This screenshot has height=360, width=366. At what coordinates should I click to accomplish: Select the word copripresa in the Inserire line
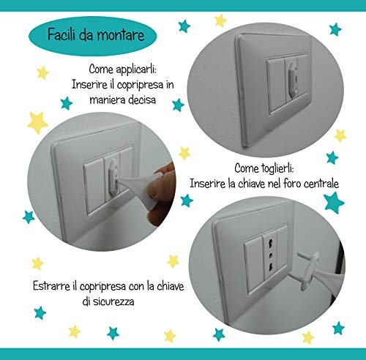[x=140, y=85]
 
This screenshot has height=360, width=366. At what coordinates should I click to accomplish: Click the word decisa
[x=142, y=100]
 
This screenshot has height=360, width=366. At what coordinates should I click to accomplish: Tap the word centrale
[x=321, y=184]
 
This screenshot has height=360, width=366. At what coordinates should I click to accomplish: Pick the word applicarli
[x=136, y=70]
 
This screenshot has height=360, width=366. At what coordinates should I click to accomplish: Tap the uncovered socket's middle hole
[x=270, y=255]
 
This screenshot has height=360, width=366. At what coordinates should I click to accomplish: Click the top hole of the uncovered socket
[x=270, y=244]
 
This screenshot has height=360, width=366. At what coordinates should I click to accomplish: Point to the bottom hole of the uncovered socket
[x=271, y=267]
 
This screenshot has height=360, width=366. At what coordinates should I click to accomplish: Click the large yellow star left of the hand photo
[x=37, y=123]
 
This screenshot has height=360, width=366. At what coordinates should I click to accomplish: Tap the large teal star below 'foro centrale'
[x=334, y=203]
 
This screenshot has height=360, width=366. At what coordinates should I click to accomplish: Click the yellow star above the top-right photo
[x=220, y=20]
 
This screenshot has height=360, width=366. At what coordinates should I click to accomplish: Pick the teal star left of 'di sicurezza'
[x=40, y=312]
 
